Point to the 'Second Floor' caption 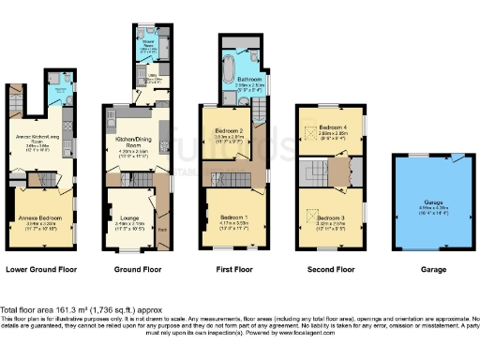[x=331, y=270]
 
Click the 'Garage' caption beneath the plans [x=433, y=270]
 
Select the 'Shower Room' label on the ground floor [x=147, y=42]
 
